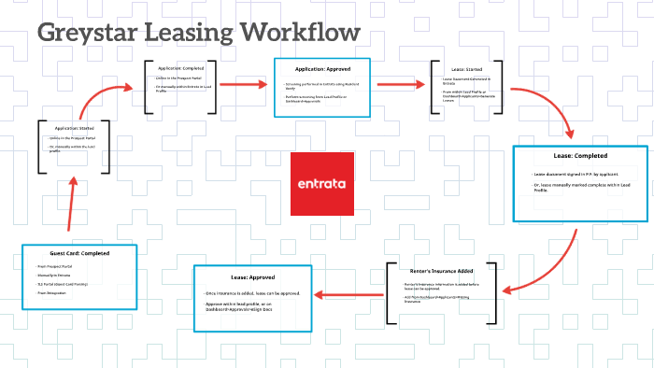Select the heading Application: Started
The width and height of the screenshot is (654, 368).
(x=74, y=127)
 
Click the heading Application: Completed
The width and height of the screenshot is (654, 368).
(x=181, y=67)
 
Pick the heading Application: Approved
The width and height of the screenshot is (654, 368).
(x=322, y=69)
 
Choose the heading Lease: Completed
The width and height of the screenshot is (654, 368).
(x=580, y=156)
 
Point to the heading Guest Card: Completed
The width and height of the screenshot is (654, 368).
(x=79, y=253)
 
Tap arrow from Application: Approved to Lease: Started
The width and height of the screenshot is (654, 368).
(x=400, y=84)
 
